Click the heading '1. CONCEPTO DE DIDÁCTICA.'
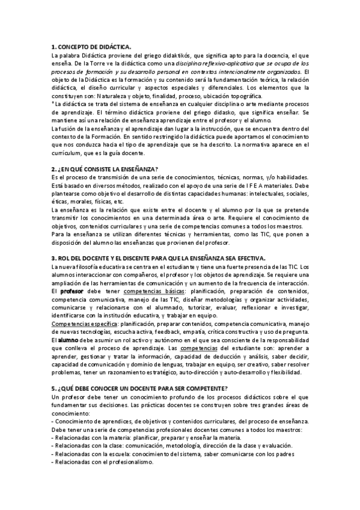coord(91,46)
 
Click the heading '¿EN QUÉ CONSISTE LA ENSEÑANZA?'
coord(109,169)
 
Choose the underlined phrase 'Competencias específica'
coord(84,324)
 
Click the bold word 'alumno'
coord(71,340)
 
